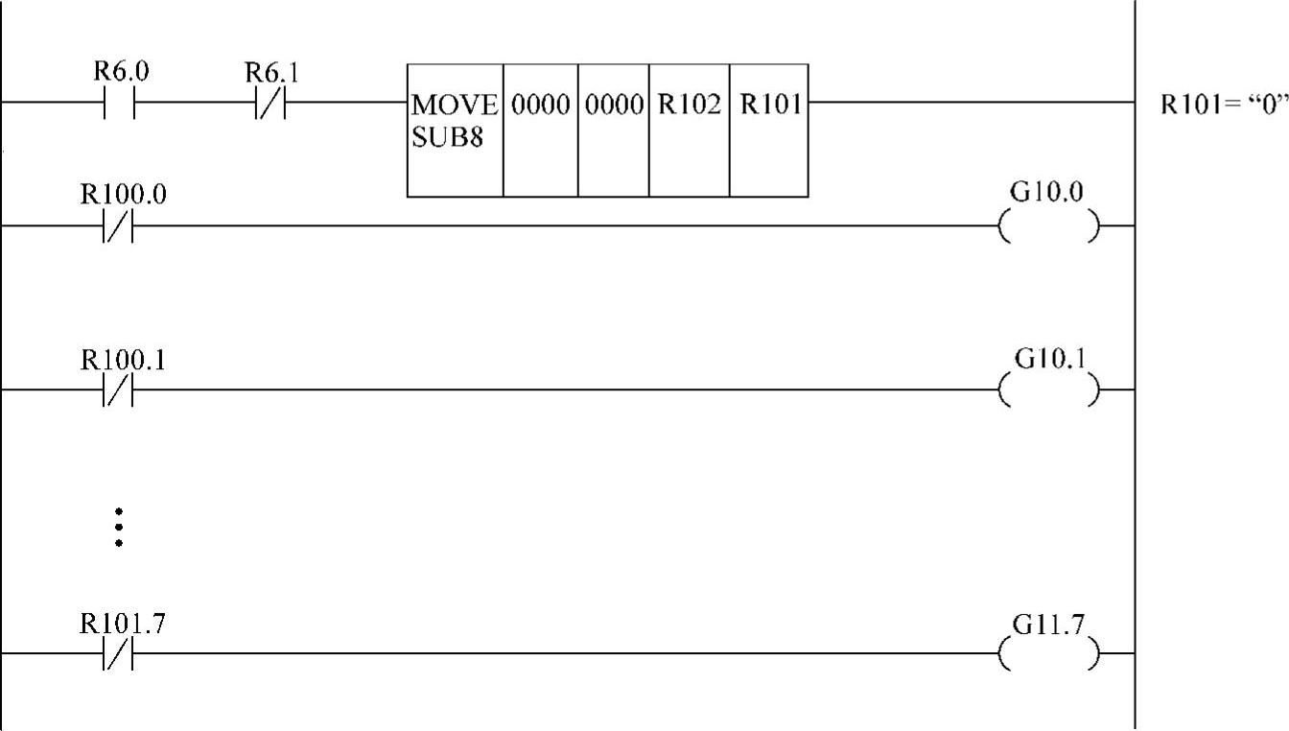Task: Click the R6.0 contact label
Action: tap(121, 72)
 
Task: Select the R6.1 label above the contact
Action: tap(271, 73)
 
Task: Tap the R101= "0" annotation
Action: tap(1222, 105)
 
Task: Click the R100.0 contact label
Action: tap(123, 195)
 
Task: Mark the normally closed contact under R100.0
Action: tap(118, 226)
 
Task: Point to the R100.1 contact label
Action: tap(123, 360)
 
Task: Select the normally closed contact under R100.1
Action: tap(118, 390)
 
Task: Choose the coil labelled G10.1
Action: tap(1049, 390)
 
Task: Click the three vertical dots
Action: tap(118, 528)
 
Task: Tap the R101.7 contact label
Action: tap(123, 625)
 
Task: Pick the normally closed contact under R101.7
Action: tap(118, 654)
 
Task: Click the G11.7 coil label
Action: tap(1048, 625)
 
